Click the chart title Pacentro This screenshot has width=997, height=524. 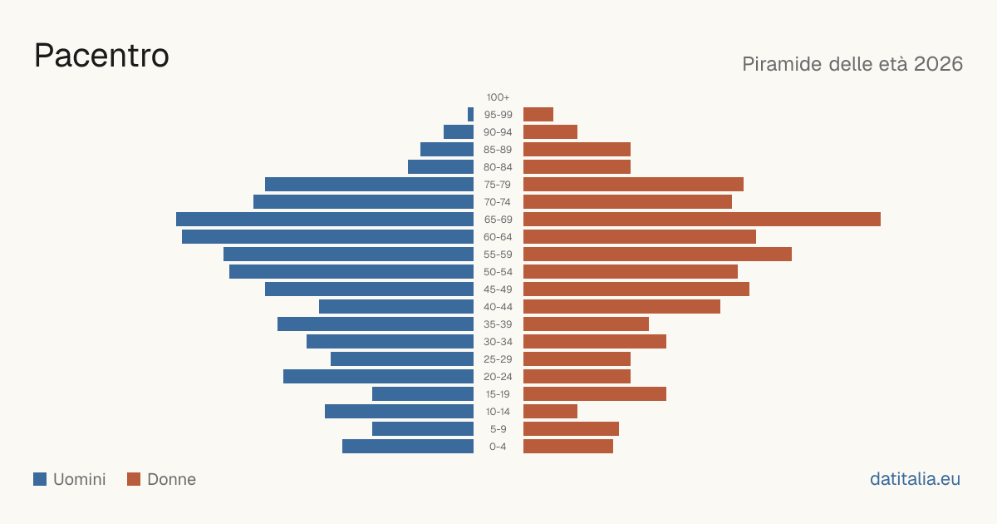[101, 56]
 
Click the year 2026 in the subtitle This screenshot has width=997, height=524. [938, 64]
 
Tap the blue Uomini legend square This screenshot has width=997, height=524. [40, 479]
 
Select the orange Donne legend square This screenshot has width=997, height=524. [134, 479]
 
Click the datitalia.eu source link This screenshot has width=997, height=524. [915, 479]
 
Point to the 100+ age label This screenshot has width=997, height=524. [498, 97]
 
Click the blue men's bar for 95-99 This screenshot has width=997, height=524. [470, 115]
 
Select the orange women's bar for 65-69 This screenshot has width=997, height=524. [702, 220]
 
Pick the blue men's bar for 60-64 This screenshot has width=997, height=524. [327, 236]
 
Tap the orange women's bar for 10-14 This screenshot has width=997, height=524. [550, 411]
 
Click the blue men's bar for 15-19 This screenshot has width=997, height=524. [423, 394]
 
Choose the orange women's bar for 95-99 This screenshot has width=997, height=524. [538, 115]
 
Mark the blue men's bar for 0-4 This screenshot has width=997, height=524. [408, 447]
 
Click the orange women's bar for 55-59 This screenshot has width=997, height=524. [657, 254]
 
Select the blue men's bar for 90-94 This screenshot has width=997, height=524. [459, 132]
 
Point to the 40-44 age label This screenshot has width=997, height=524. [498, 307]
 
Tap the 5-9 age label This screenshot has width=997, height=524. [498, 429]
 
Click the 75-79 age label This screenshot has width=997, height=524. [498, 185]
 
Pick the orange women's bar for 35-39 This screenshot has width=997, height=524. [586, 324]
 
